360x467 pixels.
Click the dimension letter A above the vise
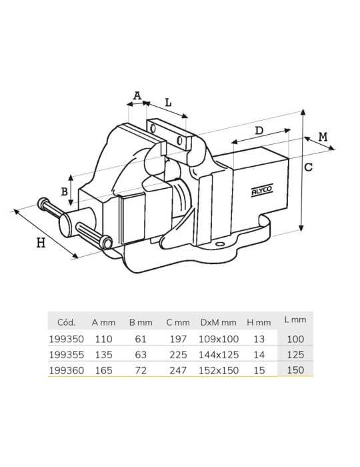[137, 96]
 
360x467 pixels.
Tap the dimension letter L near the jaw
[169, 103]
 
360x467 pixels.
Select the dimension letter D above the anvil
[259, 131]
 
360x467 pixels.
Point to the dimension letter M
[323, 137]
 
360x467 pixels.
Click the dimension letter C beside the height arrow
[309, 167]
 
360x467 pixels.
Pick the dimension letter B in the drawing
[64, 191]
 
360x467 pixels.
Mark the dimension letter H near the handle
[41, 243]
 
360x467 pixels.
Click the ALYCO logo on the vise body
[262, 190]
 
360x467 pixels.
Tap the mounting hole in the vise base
[220, 244]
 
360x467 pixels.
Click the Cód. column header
[67, 322]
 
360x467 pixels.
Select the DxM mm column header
[219, 322]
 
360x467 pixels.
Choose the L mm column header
[295, 320]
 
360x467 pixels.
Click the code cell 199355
[67, 355]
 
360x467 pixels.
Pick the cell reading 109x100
[219, 339]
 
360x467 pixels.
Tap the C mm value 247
[178, 370]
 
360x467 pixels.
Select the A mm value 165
[103, 370]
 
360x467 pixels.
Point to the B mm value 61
[141, 339]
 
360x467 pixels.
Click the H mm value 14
[259, 355]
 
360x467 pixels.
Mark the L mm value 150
[295, 370]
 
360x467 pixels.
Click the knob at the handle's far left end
[43, 203]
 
